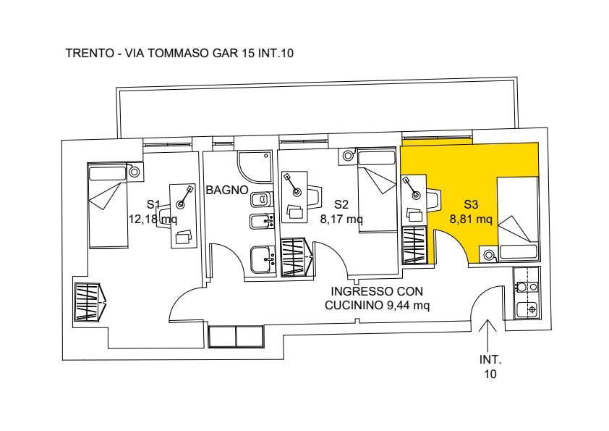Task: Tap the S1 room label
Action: tap(153, 204)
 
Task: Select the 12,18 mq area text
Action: tap(153, 219)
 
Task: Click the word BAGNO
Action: tap(227, 191)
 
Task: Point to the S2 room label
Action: tap(341, 204)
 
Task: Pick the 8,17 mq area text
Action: tap(341, 219)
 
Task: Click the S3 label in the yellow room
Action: tap(471, 204)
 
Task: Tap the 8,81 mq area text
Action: tap(471, 219)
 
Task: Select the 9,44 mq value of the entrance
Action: tap(408, 306)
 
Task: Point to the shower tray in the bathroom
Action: tap(255, 167)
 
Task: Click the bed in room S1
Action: tap(108, 206)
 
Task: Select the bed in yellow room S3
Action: tap(518, 219)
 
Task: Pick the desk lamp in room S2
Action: tap(294, 185)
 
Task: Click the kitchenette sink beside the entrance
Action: tap(527, 309)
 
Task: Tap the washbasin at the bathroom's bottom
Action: tap(263, 260)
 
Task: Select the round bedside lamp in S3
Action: tap(489, 256)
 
